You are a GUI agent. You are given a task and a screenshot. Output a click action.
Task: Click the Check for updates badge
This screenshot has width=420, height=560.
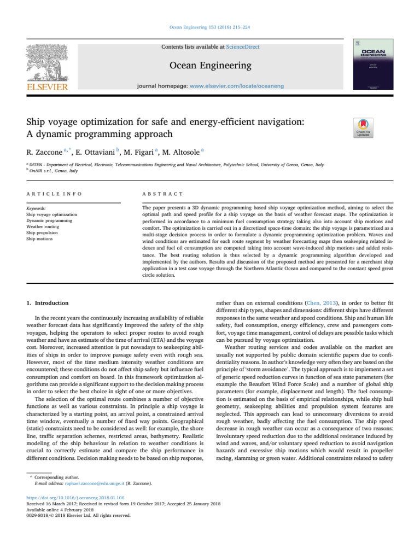364,127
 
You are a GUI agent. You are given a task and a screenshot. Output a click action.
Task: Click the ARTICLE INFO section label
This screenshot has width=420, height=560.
49,194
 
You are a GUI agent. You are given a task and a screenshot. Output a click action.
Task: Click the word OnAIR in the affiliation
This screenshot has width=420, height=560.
37,171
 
